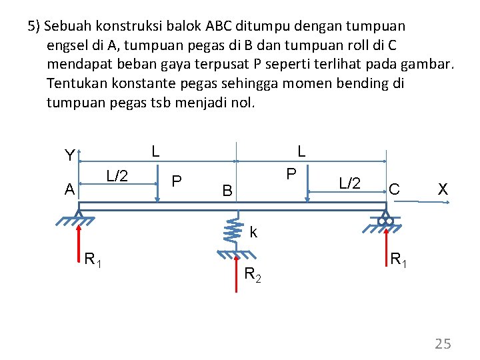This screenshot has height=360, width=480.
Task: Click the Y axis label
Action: pos(69,156)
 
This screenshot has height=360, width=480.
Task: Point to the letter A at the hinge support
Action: pos(69,190)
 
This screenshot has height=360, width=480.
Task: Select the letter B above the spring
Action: pos(227,191)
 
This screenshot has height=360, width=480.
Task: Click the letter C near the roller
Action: pos(395,190)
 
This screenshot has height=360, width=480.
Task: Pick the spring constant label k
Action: pos(253,233)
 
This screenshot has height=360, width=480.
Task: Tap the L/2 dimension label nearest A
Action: pos(117,176)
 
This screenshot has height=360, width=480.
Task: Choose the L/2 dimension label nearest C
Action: pos(350,182)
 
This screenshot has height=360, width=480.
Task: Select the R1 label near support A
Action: pos(93,260)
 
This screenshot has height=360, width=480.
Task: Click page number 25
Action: pos(443,344)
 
